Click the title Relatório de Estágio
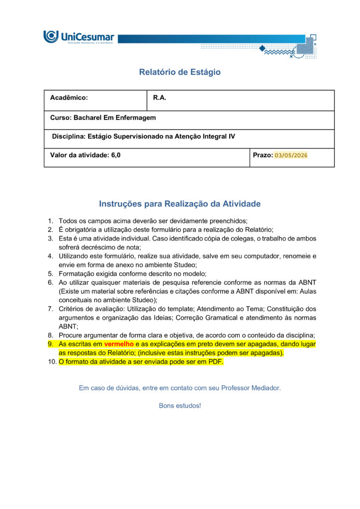coord(180,72)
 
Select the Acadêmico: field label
coord(69,98)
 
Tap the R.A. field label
coord(159,98)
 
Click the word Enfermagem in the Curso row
coord(136,118)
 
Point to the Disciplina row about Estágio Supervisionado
coord(143,136)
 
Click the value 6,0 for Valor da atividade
coord(115,155)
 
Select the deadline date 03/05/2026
coord(291,156)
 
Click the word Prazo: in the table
coord(263,155)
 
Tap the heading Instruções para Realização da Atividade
coord(180,204)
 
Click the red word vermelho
coord(119,344)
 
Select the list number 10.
coord(51,362)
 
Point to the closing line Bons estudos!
coord(180,406)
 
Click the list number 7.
coord(50,309)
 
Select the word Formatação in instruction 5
coord(76,274)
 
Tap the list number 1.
coord(50,220)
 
